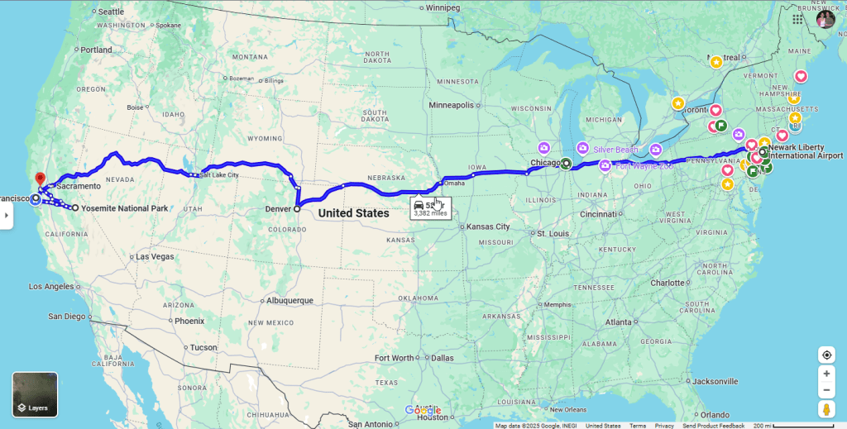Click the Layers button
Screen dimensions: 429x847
coord(35,394)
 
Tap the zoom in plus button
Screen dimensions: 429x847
coord(826,374)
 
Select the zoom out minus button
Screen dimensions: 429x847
coord(826,390)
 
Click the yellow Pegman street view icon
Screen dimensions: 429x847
coord(826,409)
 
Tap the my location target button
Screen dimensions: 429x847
coord(826,355)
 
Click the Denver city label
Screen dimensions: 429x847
coord(278,208)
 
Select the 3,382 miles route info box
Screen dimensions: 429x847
coord(430,207)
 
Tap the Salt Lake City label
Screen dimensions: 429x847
coord(219,175)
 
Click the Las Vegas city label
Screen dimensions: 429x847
coord(155,256)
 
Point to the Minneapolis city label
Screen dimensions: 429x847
coord(452,105)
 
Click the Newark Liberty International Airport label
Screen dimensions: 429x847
coord(804,151)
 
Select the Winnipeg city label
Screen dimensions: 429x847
coord(443,7)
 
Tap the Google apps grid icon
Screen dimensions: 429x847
coord(797,19)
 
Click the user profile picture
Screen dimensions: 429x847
coord(825,19)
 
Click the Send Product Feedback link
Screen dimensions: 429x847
coord(713,426)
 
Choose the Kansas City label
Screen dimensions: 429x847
coord(487,226)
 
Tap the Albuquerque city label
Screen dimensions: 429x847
coord(284,300)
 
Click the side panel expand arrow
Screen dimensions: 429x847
coord(6,215)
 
